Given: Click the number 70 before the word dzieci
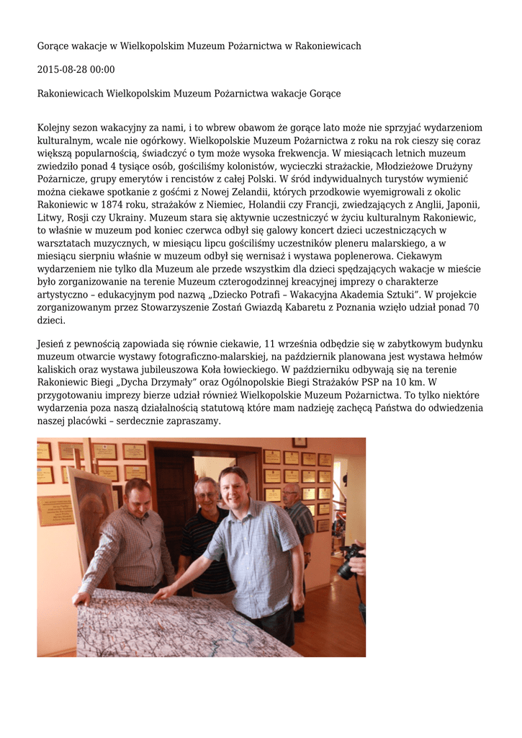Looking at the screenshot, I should coord(473,308).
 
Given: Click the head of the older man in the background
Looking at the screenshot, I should coord(291,494).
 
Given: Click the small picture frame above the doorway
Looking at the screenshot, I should coord(300,442).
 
